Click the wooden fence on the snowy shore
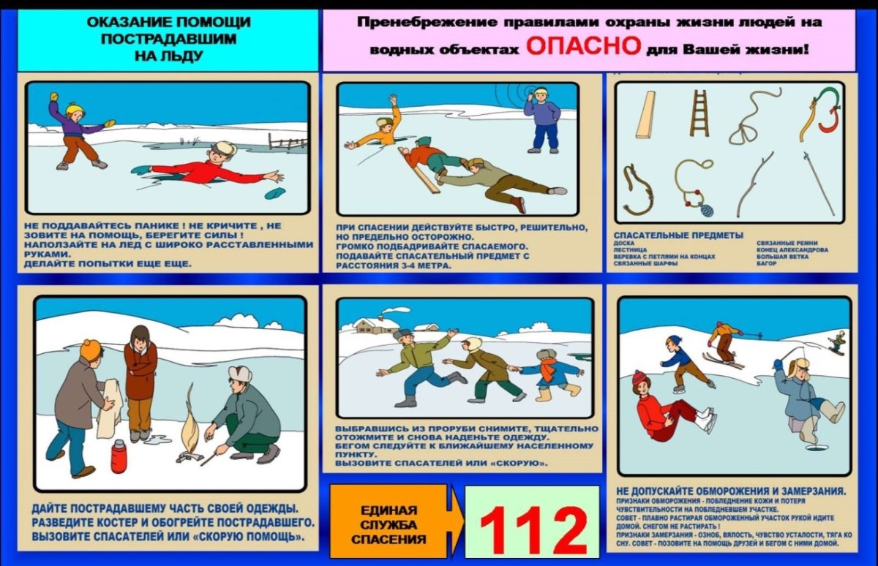[x=287, y=142]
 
